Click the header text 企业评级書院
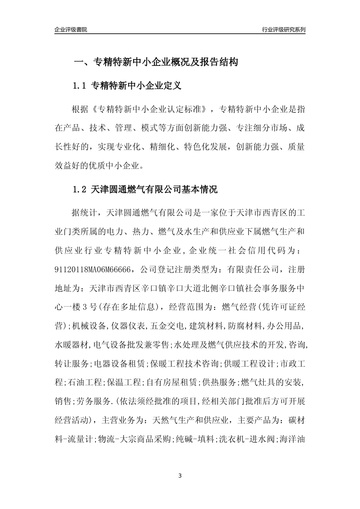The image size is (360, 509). tap(71, 30)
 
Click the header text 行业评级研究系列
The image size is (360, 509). tap(283, 30)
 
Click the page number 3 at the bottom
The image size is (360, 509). tap(180, 476)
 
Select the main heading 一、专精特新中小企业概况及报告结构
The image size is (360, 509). tap(155, 62)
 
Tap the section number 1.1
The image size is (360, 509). tap(80, 86)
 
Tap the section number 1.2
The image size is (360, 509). tap(80, 190)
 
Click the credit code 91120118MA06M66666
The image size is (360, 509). tap(93, 270)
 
